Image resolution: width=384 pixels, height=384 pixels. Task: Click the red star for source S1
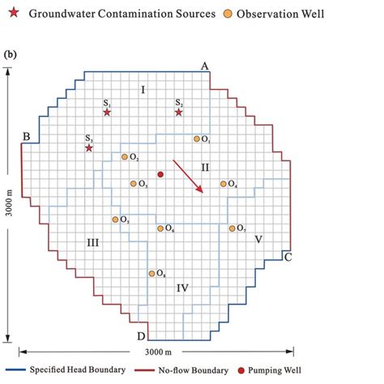[108, 112]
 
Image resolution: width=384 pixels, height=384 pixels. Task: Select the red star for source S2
[179, 112]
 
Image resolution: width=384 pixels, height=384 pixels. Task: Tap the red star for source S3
[89, 147]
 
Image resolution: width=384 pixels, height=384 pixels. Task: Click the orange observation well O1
[197, 139]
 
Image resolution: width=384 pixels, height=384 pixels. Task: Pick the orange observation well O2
[125, 156]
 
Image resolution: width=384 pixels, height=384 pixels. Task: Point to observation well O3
[134, 184]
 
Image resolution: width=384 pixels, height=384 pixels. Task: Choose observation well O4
[224, 184]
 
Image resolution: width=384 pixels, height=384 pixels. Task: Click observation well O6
[160, 228]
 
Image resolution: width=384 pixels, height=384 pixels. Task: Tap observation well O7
[233, 228]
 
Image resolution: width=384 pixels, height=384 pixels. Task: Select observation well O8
[151, 273]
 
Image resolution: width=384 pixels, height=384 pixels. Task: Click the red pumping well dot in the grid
[160, 174]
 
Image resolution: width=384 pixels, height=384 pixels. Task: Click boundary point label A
[206, 66]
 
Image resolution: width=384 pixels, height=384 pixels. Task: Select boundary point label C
[288, 257]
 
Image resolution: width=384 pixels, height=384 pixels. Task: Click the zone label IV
[183, 288]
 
